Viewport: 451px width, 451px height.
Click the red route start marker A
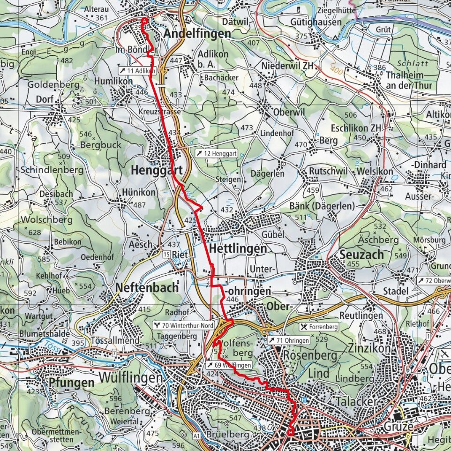(x=144, y=21)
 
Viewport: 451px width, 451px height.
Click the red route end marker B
(x=291, y=433)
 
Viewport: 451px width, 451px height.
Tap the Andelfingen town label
(x=197, y=34)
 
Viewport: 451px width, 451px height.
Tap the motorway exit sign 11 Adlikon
(x=136, y=70)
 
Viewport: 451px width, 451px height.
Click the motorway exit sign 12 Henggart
(x=216, y=153)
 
